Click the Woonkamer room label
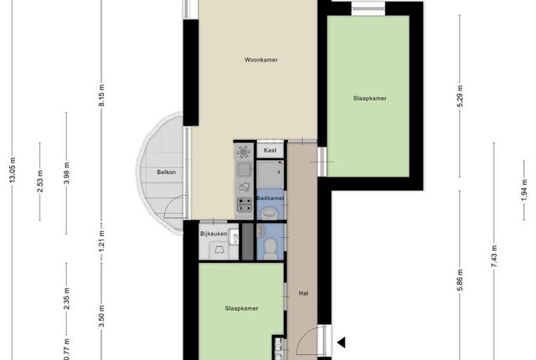coord(260,59)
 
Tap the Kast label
coord(270,151)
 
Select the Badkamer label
coord(270,198)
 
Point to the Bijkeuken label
coord(214,234)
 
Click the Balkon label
coord(166,172)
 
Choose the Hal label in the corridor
coord(303,293)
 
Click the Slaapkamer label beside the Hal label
coord(241,308)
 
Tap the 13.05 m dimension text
coord(13,170)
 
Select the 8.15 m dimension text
coord(102,95)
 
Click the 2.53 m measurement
coord(40,181)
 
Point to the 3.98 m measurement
coord(67,173)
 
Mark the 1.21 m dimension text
coord(102,242)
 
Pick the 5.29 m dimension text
coord(460,96)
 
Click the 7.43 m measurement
coord(494,256)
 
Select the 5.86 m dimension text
coord(460,280)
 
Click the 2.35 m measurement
coord(67,299)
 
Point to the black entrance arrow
coord(342,342)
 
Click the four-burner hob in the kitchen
coord(245,204)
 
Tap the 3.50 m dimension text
coord(102,316)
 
